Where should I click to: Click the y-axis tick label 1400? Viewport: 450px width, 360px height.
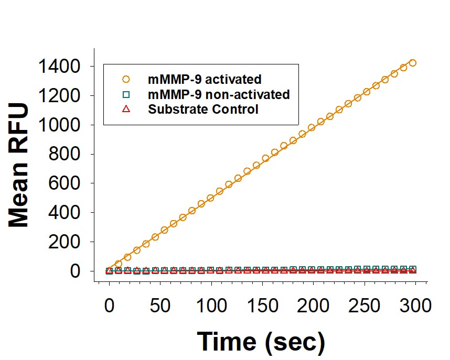(x=59, y=67)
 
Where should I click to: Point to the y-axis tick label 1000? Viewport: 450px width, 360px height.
(x=59, y=125)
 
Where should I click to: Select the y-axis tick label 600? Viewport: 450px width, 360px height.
(x=63, y=183)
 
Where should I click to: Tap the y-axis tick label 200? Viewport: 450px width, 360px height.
(x=63, y=242)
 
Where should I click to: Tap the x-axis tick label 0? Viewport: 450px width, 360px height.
(x=109, y=305)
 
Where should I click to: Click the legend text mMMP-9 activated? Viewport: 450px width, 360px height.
(x=205, y=80)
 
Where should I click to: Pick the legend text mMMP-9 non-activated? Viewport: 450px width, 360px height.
(x=219, y=95)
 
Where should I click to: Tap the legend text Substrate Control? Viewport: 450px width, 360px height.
(x=203, y=110)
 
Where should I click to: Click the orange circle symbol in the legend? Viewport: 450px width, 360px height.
(x=125, y=80)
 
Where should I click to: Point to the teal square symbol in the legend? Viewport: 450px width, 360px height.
(x=125, y=95)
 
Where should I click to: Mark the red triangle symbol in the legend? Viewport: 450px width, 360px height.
(x=125, y=110)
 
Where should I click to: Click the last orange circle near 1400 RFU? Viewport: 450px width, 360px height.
(x=413, y=63)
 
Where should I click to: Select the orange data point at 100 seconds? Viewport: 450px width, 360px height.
(x=211, y=198)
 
